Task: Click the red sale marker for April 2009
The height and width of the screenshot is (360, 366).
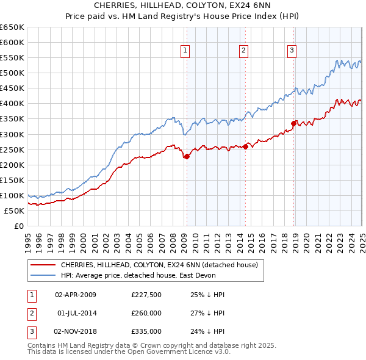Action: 187,156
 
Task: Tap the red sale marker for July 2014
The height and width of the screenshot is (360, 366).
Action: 245,146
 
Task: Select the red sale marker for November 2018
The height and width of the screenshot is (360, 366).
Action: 293,123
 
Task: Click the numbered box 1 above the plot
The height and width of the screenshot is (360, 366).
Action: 184,51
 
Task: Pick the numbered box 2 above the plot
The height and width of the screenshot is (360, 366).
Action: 243,51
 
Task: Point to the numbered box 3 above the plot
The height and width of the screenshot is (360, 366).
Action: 292,51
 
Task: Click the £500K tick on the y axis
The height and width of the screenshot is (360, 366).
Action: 13,73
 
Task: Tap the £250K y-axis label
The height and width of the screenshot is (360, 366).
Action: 13,149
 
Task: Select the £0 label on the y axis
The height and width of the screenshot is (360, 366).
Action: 18,226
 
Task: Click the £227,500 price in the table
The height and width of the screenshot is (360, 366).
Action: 146,295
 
